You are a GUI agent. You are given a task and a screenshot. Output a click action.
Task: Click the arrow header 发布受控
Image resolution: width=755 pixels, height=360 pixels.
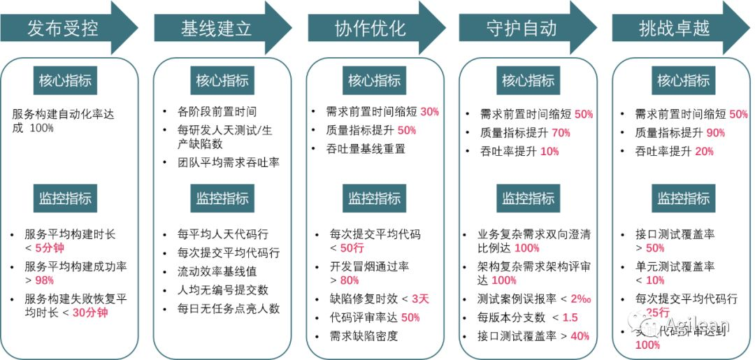[63, 29]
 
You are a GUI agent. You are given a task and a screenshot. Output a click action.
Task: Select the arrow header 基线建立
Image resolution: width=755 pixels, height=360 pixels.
[216, 29]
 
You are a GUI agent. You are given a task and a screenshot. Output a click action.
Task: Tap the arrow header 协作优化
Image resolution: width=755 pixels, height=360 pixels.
[370, 29]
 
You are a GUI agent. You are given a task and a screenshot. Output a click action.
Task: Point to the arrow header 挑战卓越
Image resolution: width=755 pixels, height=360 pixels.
[674, 29]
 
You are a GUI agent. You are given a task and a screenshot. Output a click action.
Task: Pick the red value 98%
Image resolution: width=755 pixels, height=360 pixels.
[45, 280]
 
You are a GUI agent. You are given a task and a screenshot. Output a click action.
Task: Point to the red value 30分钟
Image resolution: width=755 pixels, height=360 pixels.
[90, 312]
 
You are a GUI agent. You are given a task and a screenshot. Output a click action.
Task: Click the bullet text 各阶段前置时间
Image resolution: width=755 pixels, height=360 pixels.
[217, 112]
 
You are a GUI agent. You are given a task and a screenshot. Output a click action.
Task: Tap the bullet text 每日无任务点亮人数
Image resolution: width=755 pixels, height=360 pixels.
[229, 308]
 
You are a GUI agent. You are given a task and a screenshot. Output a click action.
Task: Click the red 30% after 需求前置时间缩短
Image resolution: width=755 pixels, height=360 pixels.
[429, 112]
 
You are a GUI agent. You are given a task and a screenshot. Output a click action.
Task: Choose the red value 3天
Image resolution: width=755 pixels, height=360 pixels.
[420, 298]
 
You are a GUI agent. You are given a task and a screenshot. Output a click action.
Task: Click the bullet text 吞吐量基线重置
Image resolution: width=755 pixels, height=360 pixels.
[366, 148]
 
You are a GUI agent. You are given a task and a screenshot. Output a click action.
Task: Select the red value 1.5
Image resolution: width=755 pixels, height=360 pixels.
[570, 318]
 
